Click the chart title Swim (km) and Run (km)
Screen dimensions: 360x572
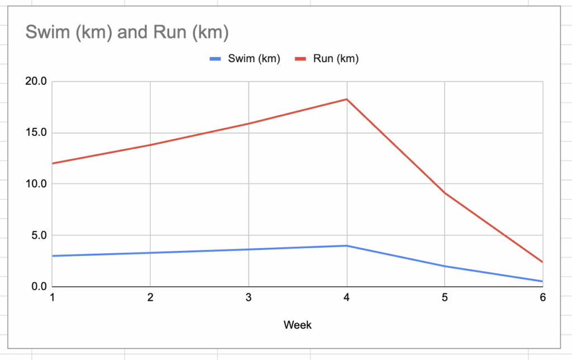point(127,32)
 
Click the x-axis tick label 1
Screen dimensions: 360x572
point(52,298)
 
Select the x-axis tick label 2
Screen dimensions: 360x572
point(150,298)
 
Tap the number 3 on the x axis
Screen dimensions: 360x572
point(249,298)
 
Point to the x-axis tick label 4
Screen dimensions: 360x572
point(347,298)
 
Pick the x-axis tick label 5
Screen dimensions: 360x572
point(445,298)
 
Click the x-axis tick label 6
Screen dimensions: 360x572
point(542,298)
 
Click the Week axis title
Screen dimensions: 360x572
point(297,325)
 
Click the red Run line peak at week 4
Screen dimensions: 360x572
point(347,100)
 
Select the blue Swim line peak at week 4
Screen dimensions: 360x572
point(347,245)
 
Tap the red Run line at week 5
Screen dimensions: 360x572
point(445,193)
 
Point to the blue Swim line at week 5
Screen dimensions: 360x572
point(445,266)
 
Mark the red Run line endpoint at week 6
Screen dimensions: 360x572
point(542,262)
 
